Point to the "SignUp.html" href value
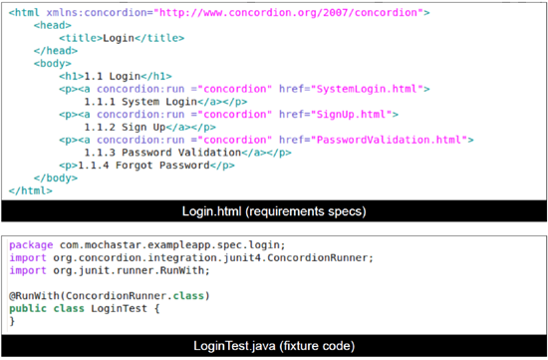point(350,114)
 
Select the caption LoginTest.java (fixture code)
point(273,345)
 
